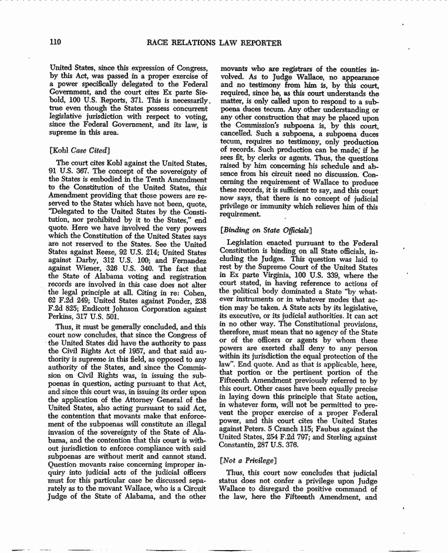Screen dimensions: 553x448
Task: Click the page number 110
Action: point(56,43)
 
